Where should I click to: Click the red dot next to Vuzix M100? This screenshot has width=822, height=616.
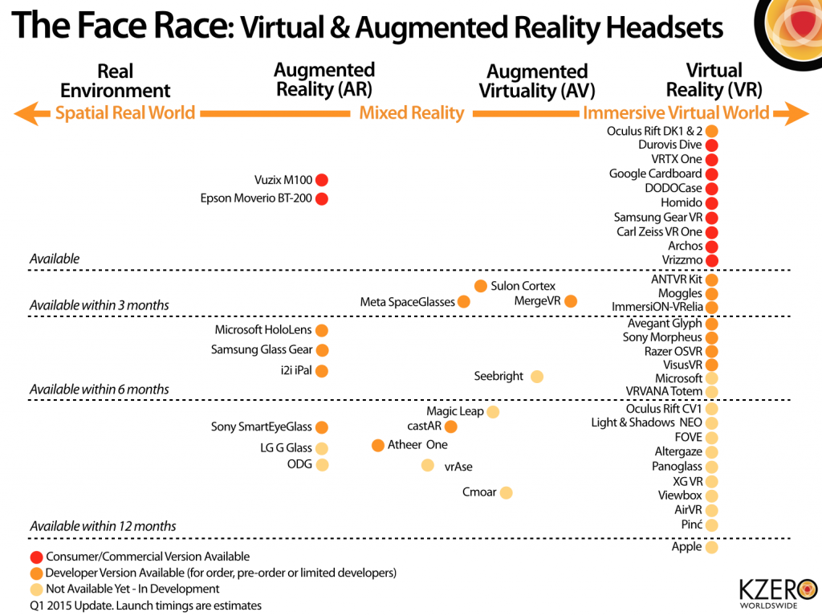(322, 181)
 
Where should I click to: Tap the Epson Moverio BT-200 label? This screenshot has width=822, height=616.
(256, 198)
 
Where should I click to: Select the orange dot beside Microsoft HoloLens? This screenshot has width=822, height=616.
(322, 330)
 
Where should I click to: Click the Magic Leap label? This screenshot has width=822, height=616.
(455, 411)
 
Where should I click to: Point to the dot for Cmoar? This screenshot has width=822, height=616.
(506, 492)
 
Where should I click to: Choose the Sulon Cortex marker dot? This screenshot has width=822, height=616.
(480, 286)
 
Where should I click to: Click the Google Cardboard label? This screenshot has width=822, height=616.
(655, 173)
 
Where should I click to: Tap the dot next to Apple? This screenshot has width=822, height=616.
(711, 547)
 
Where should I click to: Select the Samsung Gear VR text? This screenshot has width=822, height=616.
(657, 217)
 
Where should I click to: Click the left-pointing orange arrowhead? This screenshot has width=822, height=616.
(26, 113)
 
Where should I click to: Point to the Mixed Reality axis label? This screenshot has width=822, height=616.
(411, 113)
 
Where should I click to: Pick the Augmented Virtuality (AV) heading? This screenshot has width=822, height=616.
(537, 81)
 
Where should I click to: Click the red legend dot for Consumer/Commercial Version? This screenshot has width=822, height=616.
(35, 557)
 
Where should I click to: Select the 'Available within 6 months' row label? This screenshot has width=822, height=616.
(99, 390)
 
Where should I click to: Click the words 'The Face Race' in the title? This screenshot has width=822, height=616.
(120, 26)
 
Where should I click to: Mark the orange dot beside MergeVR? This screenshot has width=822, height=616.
(570, 301)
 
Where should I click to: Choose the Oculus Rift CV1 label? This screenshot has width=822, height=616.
(663, 409)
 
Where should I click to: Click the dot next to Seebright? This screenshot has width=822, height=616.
(537, 376)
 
